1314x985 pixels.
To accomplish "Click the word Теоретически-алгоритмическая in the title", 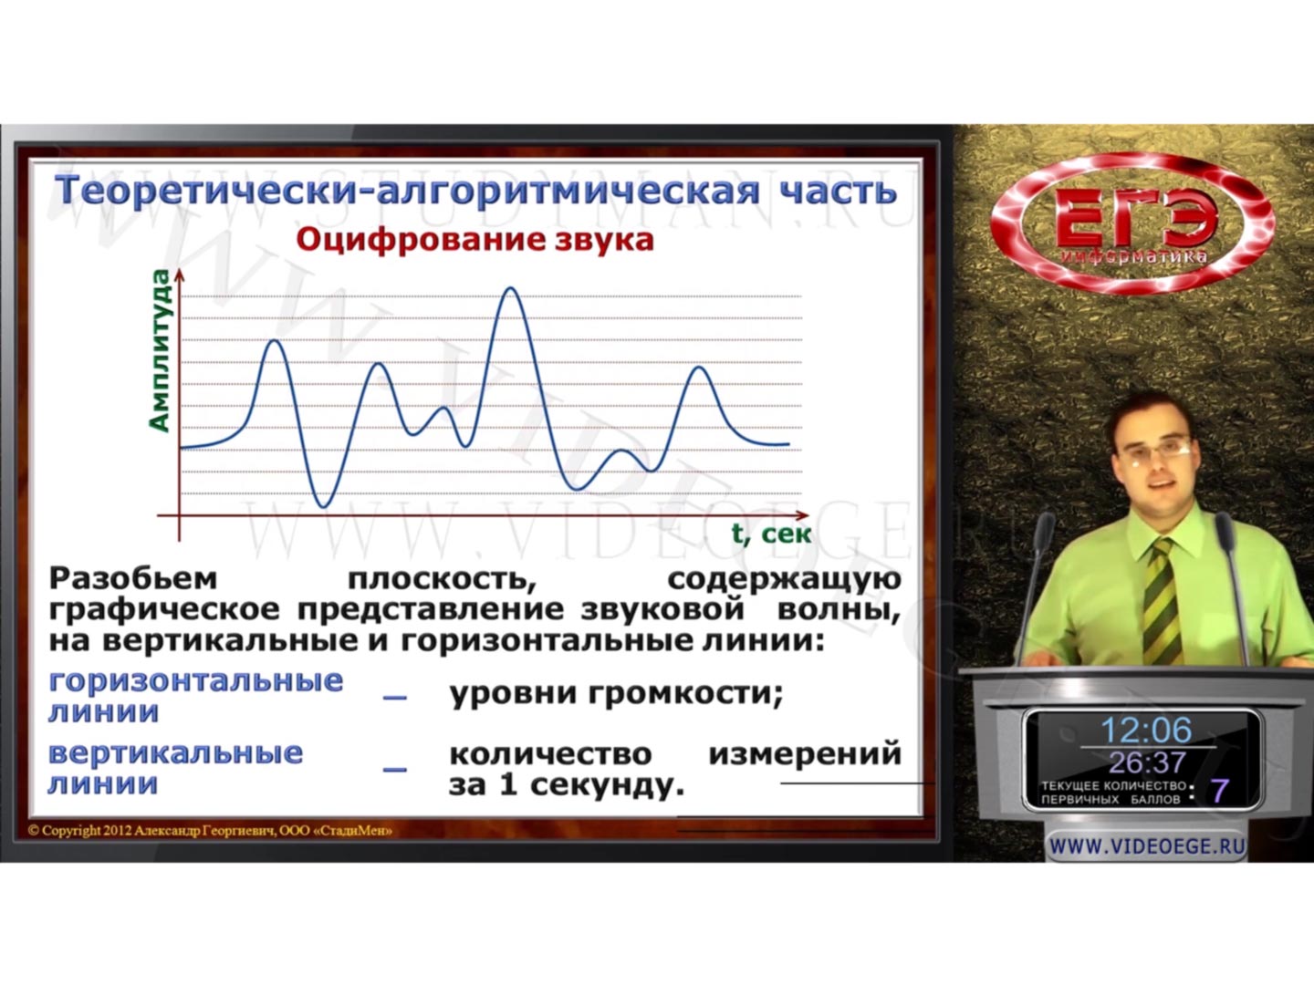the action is pos(407,192).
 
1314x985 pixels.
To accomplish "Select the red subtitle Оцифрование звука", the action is pos(474,241).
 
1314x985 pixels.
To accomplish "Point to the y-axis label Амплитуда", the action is pos(160,350).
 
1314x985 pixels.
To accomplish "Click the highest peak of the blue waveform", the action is pos(511,289).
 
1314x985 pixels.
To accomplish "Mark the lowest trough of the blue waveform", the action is pos(323,506).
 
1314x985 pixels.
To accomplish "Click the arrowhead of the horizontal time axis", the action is pos(802,515).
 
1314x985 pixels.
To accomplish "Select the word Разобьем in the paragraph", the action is pos(133,579).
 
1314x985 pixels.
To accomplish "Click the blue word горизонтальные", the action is pos(196,681).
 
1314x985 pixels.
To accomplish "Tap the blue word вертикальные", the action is pos(175,753).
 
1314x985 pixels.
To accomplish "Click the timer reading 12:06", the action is pos(1146,730).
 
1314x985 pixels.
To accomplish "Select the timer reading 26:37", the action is pos(1147,762).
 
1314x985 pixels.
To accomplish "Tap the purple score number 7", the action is pos(1219,791).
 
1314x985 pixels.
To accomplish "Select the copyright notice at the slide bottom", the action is pos(210,831).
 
